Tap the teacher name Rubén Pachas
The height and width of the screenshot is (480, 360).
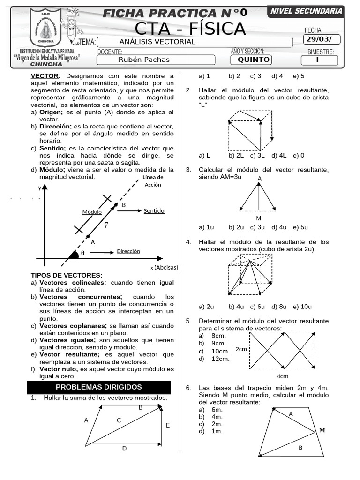click(144, 60)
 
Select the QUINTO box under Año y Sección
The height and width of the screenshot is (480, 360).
click(253, 60)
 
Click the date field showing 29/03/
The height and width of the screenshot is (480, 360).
click(322, 40)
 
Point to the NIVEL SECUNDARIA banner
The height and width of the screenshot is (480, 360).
click(306, 11)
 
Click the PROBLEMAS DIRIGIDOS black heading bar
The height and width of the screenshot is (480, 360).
click(98, 387)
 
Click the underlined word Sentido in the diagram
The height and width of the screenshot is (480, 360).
click(154, 211)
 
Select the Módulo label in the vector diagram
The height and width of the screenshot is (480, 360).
click(92, 212)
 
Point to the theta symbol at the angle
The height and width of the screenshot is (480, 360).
click(82, 253)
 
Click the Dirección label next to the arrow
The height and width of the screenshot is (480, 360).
click(128, 251)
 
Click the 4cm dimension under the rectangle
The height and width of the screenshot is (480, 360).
click(282, 376)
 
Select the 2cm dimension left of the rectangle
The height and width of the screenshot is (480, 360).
click(241, 349)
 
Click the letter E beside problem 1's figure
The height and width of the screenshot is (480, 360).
click(167, 425)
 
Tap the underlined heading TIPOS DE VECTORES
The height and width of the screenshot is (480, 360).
click(66, 275)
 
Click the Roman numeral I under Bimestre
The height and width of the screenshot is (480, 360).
click(317, 60)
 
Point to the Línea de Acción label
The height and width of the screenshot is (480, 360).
click(153, 181)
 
